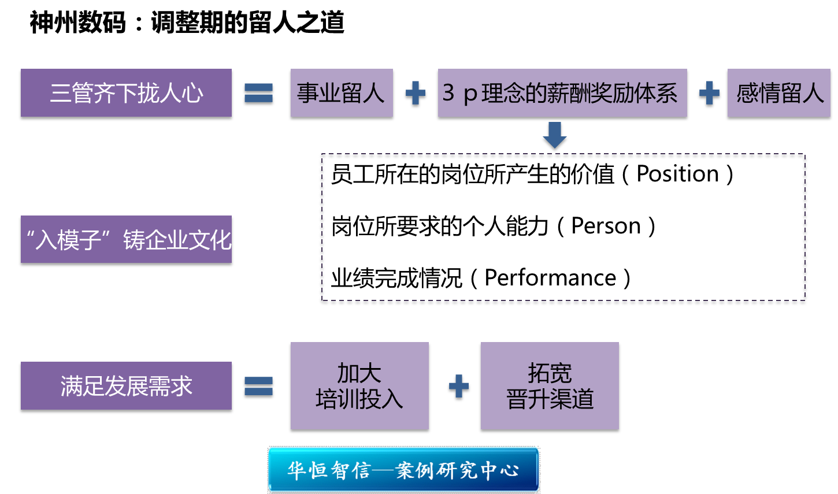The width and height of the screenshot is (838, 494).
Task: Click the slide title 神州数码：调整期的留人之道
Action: (x=187, y=23)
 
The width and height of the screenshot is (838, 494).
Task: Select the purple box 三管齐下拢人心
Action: (x=126, y=94)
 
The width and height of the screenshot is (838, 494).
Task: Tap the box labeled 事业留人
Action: (x=341, y=94)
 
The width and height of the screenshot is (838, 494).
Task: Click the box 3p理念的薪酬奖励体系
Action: (x=562, y=94)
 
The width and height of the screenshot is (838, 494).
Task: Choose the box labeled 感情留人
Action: (x=778, y=94)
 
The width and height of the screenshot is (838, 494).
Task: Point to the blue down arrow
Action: (x=554, y=137)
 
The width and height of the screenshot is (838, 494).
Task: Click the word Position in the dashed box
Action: (x=677, y=174)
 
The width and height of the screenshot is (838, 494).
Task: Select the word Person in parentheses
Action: (x=606, y=226)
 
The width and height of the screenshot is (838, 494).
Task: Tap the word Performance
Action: (x=550, y=278)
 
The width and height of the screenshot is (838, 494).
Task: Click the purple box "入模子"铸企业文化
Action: (x=126, y=240)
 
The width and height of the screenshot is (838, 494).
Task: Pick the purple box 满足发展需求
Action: (x=126, y=387)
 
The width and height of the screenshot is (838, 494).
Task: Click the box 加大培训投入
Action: (x=359, y=387)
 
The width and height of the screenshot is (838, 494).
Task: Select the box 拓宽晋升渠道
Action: (x=549, y=387)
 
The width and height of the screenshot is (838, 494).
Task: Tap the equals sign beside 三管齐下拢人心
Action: (x=258, y=95)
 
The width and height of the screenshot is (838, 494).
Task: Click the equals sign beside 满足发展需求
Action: (x=258, y=387)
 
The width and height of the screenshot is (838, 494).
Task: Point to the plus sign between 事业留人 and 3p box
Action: (x=415, y=95)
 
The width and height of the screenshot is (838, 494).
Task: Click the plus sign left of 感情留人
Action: (x=709, y=95)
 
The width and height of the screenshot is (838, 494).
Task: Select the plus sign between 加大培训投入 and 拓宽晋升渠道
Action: (x=458, y=387)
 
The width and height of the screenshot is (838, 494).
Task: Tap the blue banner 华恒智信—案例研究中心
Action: (x=403, y=470)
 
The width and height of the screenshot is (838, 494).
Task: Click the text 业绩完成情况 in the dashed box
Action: (x=396, y=278)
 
